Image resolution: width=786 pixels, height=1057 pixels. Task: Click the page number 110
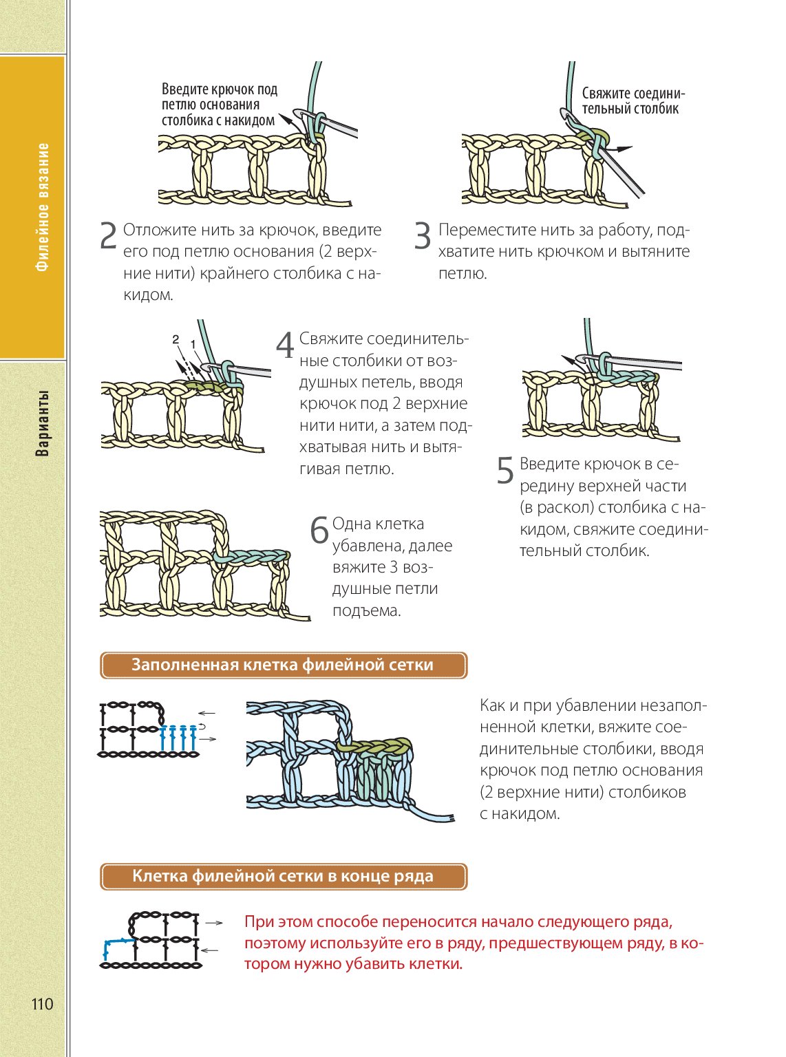pos(42,1004)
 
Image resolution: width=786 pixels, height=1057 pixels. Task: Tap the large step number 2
pos(109,236)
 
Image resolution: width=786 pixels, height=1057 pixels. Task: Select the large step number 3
pos(422,236)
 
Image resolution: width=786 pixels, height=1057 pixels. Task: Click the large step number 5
pos(505,471)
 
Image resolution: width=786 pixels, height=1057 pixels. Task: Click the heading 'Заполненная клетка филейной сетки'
pos(282,665)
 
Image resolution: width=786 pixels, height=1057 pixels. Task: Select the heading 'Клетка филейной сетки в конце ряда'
pos(282,877)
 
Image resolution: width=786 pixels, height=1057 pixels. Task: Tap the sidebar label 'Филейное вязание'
pos(43,206)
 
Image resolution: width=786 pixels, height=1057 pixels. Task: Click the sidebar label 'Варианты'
pos(43,424)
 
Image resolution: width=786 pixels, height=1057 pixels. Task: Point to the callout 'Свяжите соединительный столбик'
pos(633,100)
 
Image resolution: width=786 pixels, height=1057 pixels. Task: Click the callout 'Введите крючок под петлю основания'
pos(219,105)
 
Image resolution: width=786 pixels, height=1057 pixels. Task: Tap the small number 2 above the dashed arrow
pos(176,339)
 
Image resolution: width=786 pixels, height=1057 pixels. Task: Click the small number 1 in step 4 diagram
pos(193,343)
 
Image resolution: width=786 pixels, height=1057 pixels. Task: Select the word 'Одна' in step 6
pos(352,524)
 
